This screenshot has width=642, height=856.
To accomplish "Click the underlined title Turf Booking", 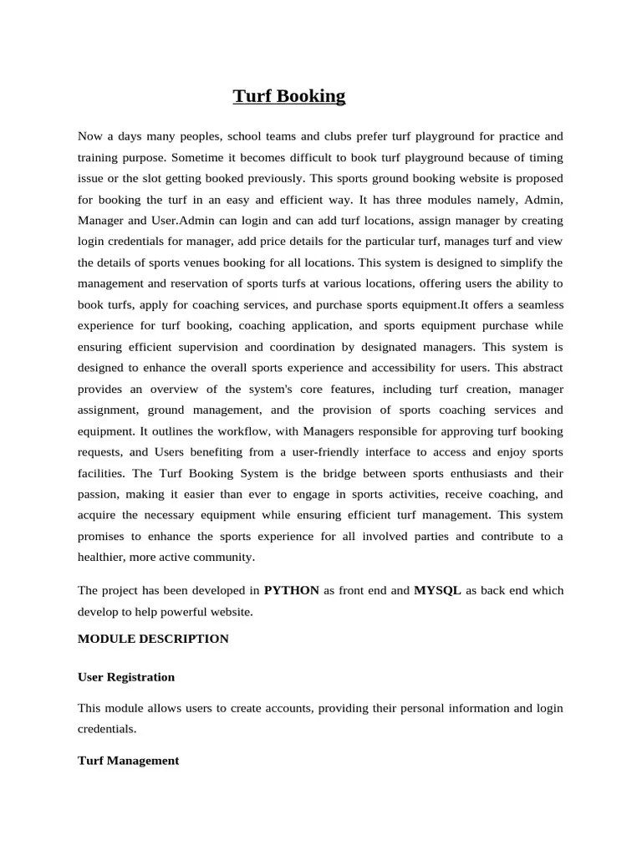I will pyautogui.click(x=288, y=97).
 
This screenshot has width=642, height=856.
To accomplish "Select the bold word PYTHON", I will pyautogui.click(x=292, y=590).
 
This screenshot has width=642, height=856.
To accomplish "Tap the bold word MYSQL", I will pyautogui.click(x=437, y=590).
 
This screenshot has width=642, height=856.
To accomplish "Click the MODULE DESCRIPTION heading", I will pyautogui.click(x=153, y=639).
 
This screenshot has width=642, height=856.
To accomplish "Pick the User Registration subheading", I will pyautogui.click(x=126, y=677).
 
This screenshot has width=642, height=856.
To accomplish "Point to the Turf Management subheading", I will pyautogui.click(x=128, y=761).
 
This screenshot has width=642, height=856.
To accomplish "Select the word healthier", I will pyautogui.click(x=103, y=557).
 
